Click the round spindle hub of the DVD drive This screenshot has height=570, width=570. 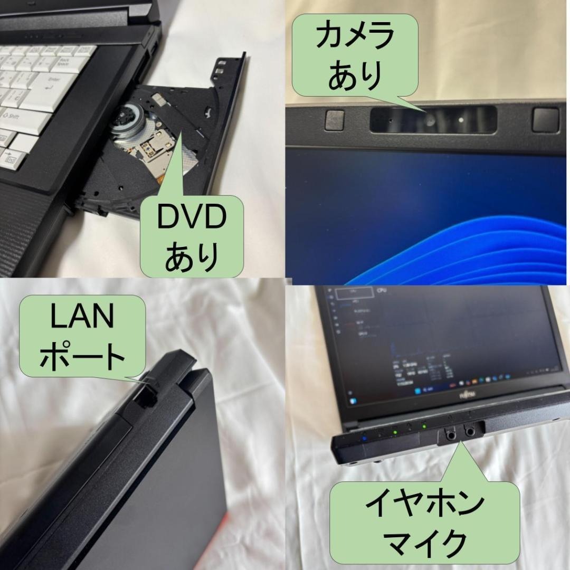pos(128,117)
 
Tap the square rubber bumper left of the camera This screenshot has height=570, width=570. pos(335,120)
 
